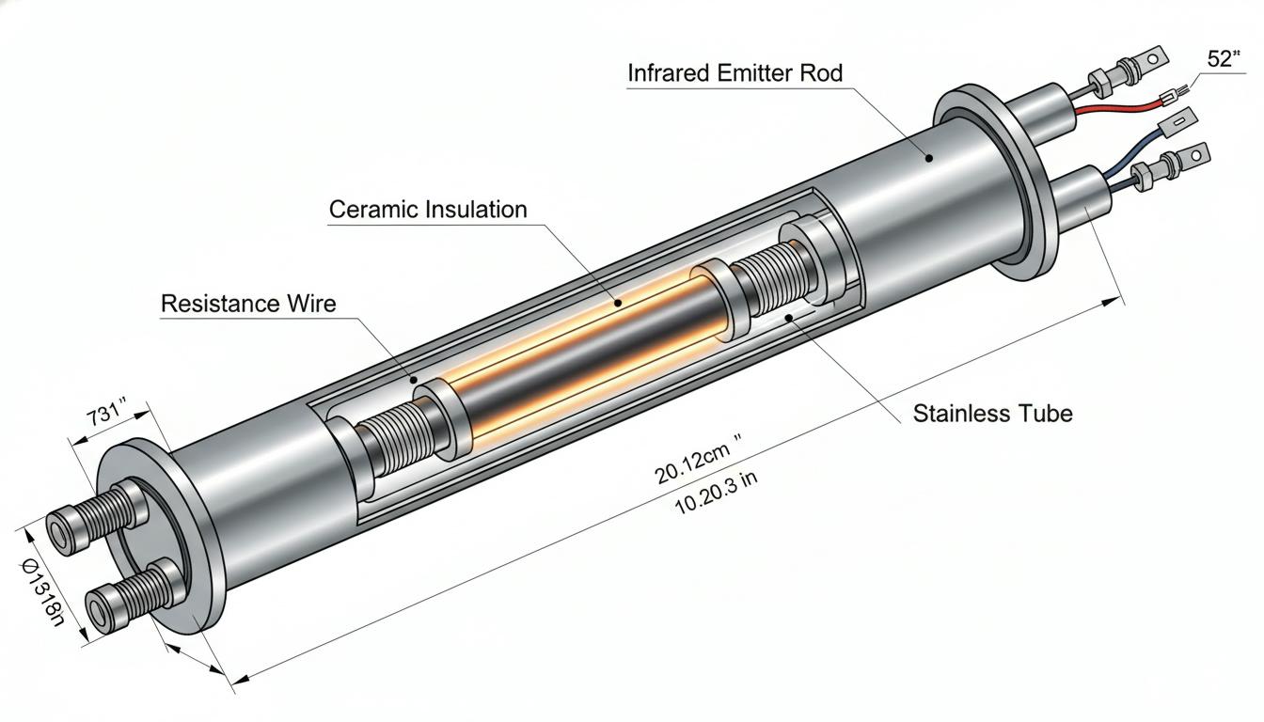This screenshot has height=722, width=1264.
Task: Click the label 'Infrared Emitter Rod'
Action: [x=735, y=73]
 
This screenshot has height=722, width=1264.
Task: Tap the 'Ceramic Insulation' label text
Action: [x=428, y=210]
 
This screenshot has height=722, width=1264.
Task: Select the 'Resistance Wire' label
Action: [x=248, y=304]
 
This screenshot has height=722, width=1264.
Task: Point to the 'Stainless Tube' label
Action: [x=992, y=414]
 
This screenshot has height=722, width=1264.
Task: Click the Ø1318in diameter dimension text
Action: [x=43, y=592]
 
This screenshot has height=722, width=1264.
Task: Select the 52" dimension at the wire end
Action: [x=1224, y=58]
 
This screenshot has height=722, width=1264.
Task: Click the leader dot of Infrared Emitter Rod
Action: [x=929, y=159]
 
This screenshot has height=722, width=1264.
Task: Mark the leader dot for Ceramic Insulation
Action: [x=618, y=303]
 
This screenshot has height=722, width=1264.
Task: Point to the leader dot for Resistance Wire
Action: [x=414, y=380]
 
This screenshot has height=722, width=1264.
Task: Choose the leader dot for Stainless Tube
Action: [x=789, y=318]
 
